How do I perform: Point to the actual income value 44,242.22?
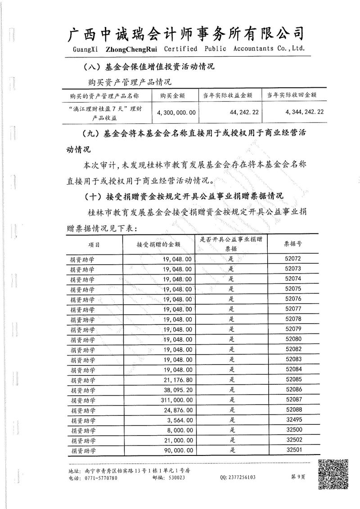(x=243, y=113)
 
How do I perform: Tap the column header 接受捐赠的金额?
(x=158, y=244)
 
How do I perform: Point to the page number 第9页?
(x=298, y=477)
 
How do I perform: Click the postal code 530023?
(x=175, y=477)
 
